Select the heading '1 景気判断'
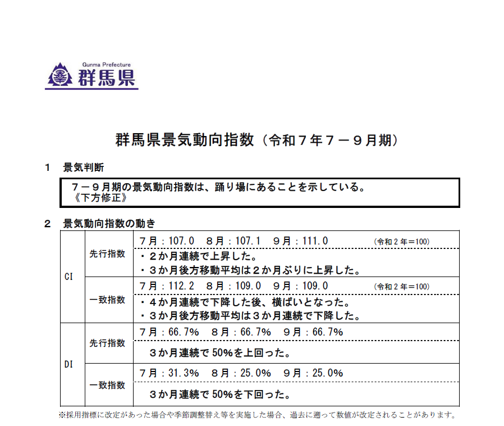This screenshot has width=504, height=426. tap(75, 167)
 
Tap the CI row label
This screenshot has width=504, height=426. tap(69, 277)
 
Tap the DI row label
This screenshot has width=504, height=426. tap(69, 364)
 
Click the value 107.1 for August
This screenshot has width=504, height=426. tap(247, 241)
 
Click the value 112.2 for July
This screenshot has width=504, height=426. tap(181, 285)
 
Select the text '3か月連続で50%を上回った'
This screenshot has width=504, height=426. tap(219, 354)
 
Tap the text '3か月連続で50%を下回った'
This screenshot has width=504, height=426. tap(219, 394)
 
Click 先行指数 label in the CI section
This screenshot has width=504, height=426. tap(107, 254)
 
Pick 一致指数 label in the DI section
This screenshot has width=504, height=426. tap(107, 386)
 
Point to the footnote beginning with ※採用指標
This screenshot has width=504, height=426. tap(256, 416)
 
